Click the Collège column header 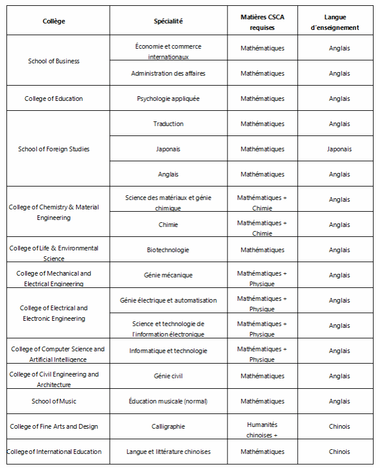(54, 21)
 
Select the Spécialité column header (168, 21)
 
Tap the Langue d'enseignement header (339, 22)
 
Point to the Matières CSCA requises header (262, 22)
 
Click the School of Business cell (54, 61)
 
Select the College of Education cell (54, 99)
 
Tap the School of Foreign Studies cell (54, 149)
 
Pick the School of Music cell (54, 401)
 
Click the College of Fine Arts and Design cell (54, 426)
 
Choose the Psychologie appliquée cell (168, 99)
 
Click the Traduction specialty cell (168, 124)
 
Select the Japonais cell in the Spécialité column (168, 149)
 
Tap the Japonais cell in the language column (339, 149)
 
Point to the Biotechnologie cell (168, 250)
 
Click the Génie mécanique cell (168, 275)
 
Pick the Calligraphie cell (168, 426)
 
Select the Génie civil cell (168, 376)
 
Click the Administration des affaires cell (168, 73)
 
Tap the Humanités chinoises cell (262, 429)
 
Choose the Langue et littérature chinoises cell (168, 452)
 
